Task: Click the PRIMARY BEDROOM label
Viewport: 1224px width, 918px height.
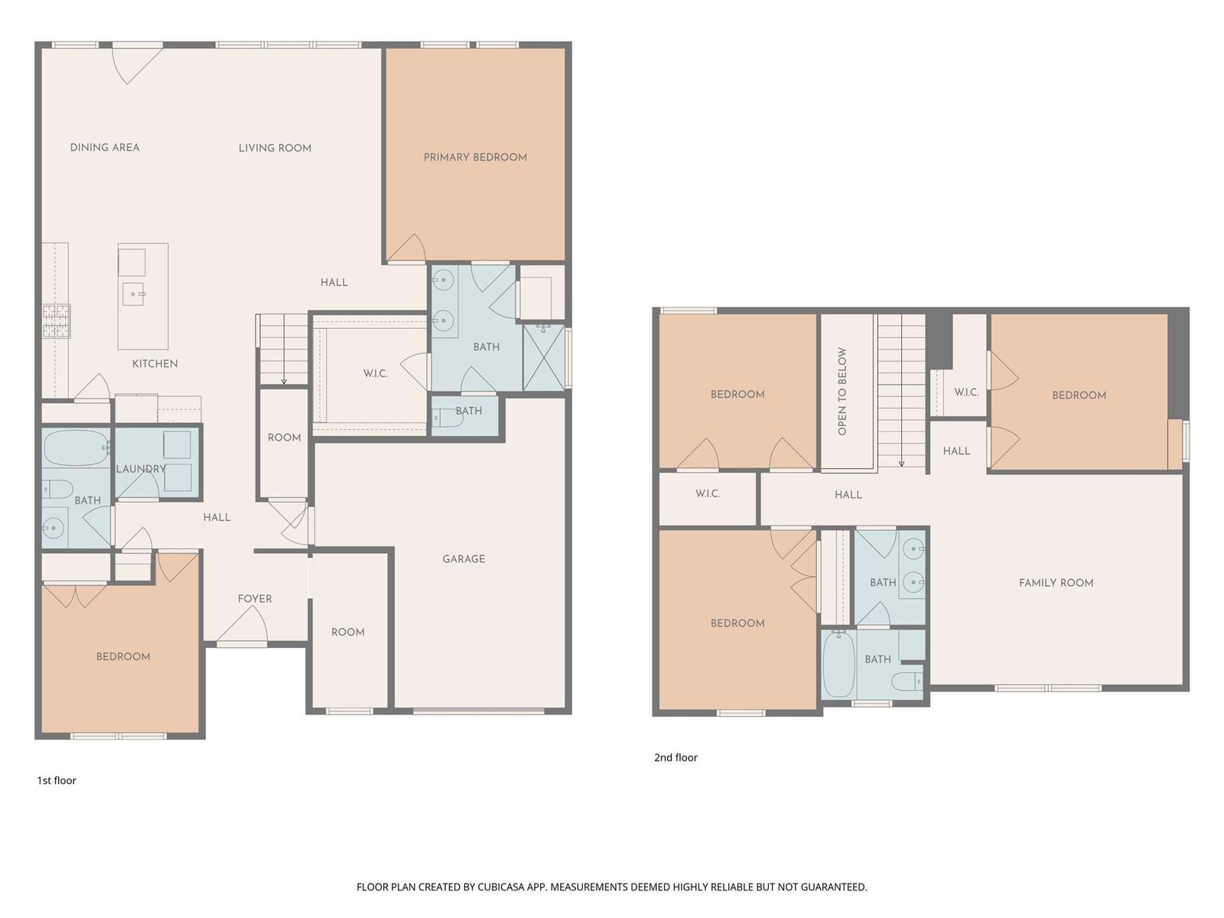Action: pos(475,157)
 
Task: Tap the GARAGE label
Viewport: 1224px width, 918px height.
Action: pos(464,558)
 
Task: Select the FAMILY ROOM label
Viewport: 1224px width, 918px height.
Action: pos(1056,582)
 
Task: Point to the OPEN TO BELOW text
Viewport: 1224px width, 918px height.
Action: pos(842,391)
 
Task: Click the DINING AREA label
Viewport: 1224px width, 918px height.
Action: pos(105,147)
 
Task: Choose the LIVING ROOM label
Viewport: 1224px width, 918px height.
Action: pos(275,148)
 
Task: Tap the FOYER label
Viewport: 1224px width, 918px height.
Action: pos(255,599)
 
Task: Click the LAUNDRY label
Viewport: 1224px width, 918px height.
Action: pos(141,469)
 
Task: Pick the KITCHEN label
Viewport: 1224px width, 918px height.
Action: pos(155,363)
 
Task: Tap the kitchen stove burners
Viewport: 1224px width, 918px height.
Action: pos(57,321)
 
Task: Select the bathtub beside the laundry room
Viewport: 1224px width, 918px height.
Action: pos(76,448)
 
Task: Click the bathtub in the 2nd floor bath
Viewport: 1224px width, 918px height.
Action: pos(838,664)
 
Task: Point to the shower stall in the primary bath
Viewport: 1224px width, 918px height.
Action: pos(544,357)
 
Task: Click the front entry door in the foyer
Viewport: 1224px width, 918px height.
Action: pos(242,624)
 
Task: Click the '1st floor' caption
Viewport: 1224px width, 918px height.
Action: pos(57,780)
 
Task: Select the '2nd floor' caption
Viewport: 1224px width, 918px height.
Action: pos(675,757)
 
